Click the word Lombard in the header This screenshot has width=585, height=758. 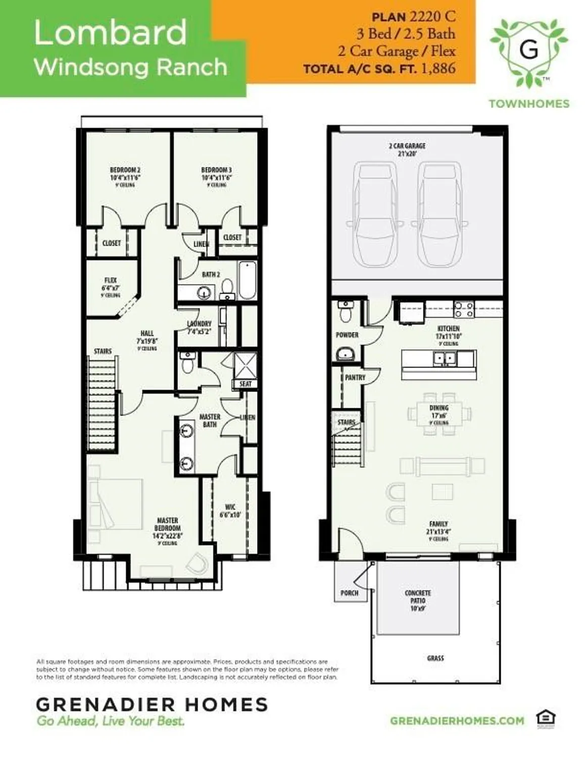click(x=110, y=33)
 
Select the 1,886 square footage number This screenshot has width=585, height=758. click(x=437, y=69)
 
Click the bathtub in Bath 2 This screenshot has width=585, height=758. click(x=248, y=280)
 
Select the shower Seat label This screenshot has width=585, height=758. click(x=245, y=384)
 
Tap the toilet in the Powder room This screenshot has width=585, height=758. click(x=346, y=313)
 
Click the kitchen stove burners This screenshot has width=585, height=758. click(x=464, y=309)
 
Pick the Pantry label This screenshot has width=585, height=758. click(x=355, y=377)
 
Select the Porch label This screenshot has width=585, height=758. click(x=349, y=593)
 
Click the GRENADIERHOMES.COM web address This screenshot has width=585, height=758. click(x=457, y=721)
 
